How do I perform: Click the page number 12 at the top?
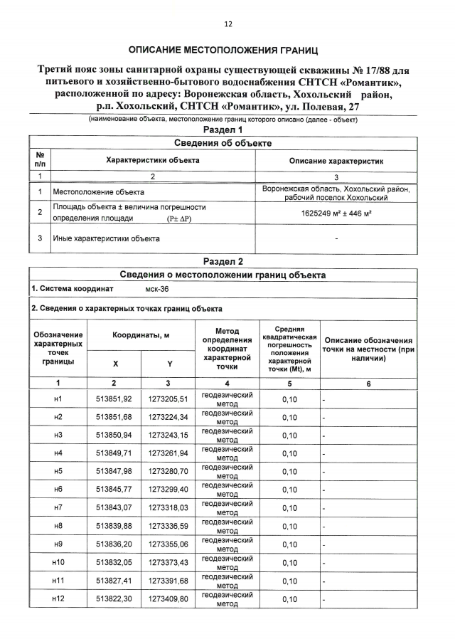[228, 23]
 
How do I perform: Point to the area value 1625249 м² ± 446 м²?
[336, 213]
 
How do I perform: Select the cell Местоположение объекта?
[99, 192]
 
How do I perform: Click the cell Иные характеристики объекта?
[106, 238]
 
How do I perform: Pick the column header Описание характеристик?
[336, 161]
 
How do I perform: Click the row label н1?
[58, 399]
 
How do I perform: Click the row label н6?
[58, 490]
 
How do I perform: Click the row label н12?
[58, 600]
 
